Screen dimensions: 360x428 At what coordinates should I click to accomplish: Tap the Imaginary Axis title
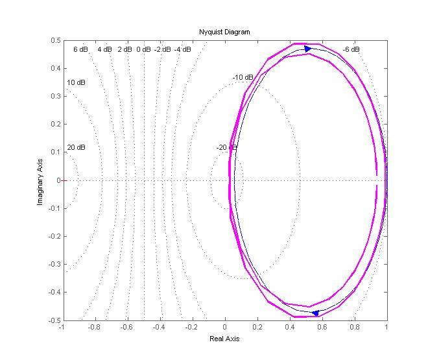(40, 180)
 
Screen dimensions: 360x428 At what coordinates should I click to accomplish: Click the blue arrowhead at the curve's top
(308, 49)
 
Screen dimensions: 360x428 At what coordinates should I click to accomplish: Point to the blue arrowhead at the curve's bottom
(315, 313)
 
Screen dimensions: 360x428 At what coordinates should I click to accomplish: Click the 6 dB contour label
(80, 49)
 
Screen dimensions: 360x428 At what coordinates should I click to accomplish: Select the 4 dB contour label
(104, 49)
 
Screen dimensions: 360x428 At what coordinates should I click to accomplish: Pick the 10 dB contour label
(76, 83)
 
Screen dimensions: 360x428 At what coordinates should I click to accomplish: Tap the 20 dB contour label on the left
(76, 148)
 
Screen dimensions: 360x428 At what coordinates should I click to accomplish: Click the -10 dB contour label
(242, 78)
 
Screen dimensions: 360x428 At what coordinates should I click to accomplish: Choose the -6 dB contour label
(351, 49)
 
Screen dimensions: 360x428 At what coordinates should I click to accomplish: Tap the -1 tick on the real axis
(62, 328)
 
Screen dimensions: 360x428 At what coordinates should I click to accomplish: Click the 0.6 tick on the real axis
(322, 328)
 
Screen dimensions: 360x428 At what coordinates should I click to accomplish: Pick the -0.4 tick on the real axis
(159, 328)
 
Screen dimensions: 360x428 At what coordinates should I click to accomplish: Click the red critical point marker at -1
(63, 180)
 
